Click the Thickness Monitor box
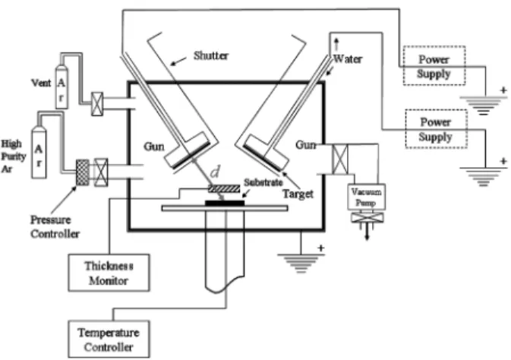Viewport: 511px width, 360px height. point(109,273)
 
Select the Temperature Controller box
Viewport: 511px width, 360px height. point(109,339)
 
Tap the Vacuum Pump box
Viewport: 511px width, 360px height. point(367,197)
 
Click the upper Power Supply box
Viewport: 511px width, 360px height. point(434,65)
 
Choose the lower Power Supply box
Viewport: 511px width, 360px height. point(436,129)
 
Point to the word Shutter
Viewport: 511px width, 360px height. point(211,55)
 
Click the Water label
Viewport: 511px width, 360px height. point(348,59)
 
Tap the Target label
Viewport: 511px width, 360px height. point(298,194)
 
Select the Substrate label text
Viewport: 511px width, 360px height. point(263,182)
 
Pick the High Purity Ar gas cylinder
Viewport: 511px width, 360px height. point(39,152)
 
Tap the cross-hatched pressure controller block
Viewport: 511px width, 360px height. point(83,172)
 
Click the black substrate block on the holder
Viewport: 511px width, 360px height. point(225,203)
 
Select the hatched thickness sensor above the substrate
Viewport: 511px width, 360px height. point(224,188)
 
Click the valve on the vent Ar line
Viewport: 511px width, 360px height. point(97,104)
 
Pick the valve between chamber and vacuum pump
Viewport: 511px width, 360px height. point(340,159)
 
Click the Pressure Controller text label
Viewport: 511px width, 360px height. point(55,226)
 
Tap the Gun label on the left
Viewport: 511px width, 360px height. point(154,147)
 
